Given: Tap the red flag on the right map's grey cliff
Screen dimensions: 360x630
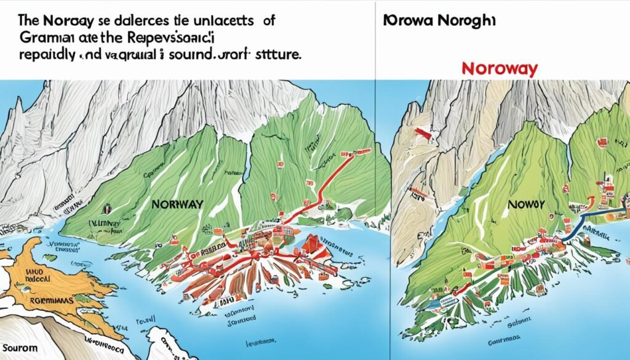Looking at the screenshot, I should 421,132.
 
